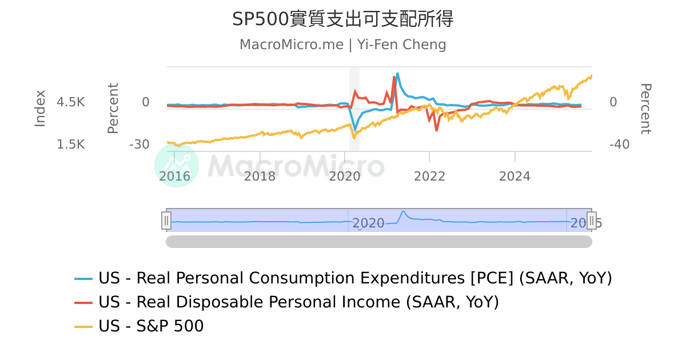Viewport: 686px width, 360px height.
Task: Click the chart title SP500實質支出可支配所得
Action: coord(342,19)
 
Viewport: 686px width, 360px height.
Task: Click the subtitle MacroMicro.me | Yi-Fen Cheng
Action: coord(342,45)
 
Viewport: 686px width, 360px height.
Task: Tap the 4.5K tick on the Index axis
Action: coord(71,102)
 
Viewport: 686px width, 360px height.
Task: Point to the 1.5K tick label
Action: coord(71,145)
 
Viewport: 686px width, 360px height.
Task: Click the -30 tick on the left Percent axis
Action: coord(139,145)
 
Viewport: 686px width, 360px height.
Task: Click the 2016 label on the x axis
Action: coord(174,176)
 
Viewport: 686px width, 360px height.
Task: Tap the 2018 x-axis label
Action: coord(260,176)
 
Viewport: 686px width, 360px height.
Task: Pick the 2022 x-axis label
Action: coord(429,176)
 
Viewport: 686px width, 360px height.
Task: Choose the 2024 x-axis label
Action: coord(514,176)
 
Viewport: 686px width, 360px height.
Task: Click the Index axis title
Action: coord(40,109)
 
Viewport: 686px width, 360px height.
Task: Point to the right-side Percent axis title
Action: coord(645,109)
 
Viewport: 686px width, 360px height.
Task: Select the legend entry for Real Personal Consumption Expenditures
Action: coord(354,278)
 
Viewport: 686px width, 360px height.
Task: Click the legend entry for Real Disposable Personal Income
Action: coord(298,302)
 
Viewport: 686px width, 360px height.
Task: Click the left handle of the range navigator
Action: coord(166,220)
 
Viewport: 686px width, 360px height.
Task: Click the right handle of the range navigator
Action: coord(592,220)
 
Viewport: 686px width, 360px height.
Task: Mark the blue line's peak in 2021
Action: coord(397,74)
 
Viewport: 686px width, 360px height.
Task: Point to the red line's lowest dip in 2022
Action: coord(437,130)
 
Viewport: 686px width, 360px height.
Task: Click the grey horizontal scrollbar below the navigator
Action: coord(378,242)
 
